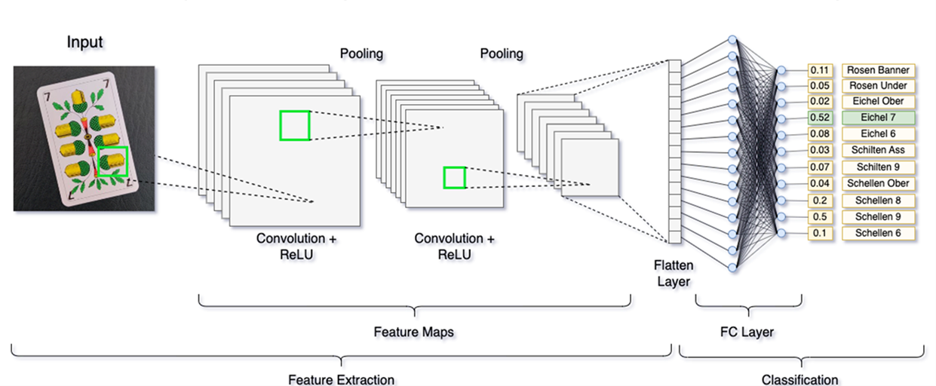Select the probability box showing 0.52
tap(819, 118)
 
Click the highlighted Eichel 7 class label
tap(877, 118)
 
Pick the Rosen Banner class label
tap(877, 70)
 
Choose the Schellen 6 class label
tap(877, 233)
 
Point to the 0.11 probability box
tap(819, 70)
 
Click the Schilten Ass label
tap(877, 151)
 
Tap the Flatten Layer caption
tap(674, 274)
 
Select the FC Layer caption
tap(747, 332)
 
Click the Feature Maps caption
tap(413, 332)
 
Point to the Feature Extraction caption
tap(341, 379)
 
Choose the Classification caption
tap(799, 379)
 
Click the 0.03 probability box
tap(819, 151)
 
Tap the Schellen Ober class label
tap(877, 183)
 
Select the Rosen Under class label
tap(877, 86)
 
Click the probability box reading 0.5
tap(819, 216)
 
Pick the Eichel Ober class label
tap(877, 102)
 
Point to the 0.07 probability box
tap(819, 167)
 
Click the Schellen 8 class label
tap(877, 201)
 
